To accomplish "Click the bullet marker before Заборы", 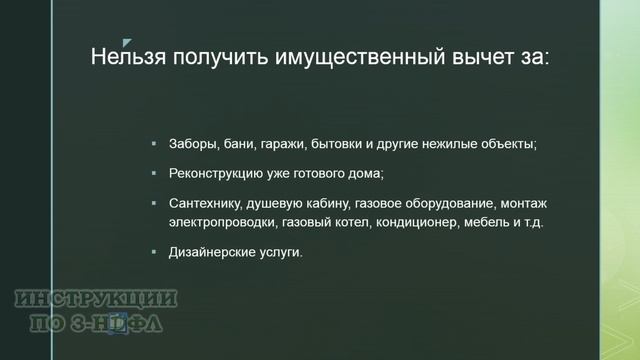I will (154, 144).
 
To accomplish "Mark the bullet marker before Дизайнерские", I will (154, 252).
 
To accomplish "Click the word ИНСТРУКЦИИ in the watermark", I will (97, 298).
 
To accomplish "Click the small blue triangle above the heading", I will (126, 43).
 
